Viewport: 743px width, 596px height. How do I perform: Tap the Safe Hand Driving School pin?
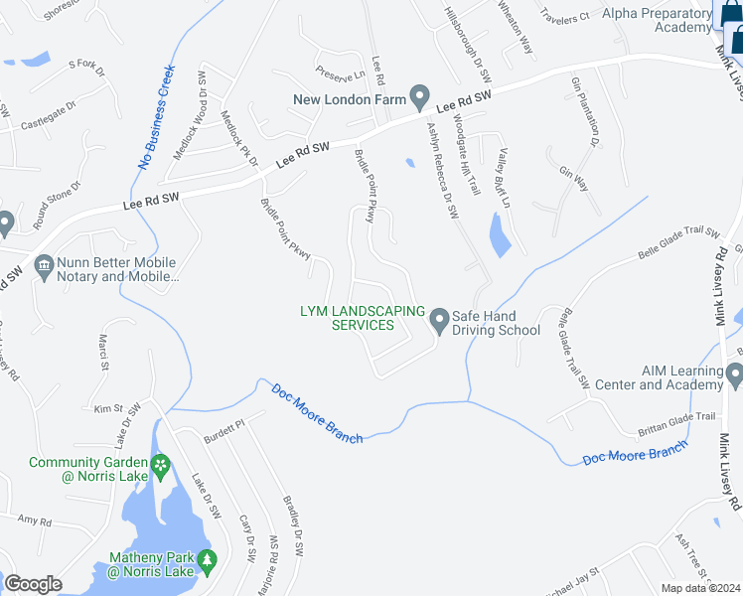coord(440,321)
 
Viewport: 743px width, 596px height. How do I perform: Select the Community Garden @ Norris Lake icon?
coord(159,464)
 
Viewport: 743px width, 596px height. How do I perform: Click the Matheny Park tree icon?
coord(207,562)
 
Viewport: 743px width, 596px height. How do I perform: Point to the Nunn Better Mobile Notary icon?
coord(44,265)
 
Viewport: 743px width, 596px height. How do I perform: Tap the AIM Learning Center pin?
coord(734,375)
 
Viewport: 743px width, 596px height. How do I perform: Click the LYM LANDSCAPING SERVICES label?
coord(363,318)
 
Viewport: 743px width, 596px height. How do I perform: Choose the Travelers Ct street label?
coord(565,16)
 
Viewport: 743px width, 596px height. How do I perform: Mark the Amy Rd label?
coord(34,520)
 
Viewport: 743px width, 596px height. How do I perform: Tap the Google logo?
coord(33,584)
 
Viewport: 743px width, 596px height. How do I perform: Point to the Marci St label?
coord(102,353)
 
